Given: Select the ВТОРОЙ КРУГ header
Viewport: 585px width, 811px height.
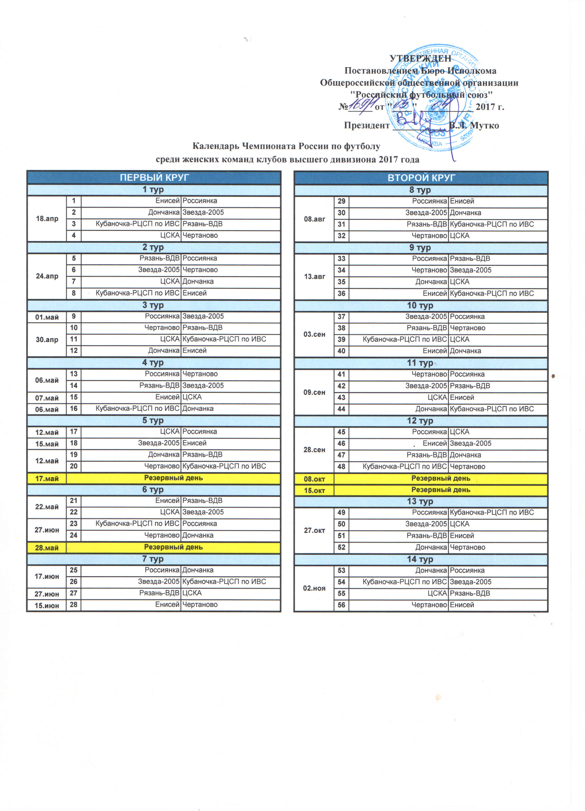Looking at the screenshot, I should coord(421,178).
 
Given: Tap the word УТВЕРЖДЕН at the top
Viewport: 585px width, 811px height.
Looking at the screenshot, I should coord(420,58).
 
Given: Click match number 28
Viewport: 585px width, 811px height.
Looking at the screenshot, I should coord(74,604).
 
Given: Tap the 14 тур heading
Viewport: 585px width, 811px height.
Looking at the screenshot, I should coord(420,559).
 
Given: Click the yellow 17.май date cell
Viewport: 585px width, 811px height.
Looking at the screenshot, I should coord(47,478).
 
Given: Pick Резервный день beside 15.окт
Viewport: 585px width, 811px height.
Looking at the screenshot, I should coord(441,490).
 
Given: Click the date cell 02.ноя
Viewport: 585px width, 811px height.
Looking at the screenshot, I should coord(314,588).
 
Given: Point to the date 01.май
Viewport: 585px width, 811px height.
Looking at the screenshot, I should coord(47,317).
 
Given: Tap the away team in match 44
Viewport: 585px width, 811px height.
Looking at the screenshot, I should coord(492,409).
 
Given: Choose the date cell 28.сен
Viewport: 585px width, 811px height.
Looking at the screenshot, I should coord(314,449).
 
